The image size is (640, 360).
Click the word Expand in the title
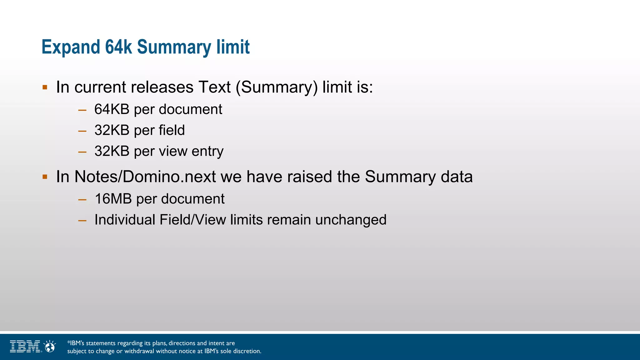coord(71,47)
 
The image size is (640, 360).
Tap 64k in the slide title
coord(118,47)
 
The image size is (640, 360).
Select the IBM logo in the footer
coord(25,347)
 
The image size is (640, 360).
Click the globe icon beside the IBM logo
coord(50,347)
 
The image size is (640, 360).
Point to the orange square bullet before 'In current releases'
coord(45,87)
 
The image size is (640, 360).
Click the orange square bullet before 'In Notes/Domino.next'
coord(45,177)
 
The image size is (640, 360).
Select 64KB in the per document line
coord(112,109)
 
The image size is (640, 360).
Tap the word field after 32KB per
coord(172,130)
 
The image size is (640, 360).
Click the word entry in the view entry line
coord(207,151)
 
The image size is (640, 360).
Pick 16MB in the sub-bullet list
coord(113,199)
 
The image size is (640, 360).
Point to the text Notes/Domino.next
coord(145,177)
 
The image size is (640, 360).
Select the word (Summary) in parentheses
coord(277,87)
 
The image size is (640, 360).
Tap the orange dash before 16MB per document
coord(82,199)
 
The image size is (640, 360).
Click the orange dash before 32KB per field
coord(82,131)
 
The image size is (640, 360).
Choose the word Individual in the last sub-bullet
coord(125,220)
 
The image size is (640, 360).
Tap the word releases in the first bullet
coord(162,87)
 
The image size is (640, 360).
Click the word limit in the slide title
coord(233,47)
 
